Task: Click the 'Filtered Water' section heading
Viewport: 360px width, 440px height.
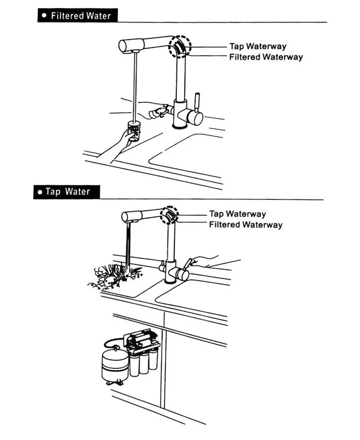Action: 81,16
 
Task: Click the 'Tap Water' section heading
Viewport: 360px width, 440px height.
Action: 68,192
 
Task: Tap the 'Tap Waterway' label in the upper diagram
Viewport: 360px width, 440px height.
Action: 258,46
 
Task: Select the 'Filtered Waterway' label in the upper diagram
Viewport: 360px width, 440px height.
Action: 266,57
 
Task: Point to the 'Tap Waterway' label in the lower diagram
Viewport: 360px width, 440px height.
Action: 238,214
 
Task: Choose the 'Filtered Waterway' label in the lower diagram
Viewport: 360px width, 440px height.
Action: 246,224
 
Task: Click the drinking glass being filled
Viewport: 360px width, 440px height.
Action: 133,131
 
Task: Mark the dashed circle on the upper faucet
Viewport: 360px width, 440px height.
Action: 180,47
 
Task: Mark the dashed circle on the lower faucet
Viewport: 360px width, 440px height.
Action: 169,215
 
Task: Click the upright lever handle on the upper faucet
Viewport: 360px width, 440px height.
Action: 197,101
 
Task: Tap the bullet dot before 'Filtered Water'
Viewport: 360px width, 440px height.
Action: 44,15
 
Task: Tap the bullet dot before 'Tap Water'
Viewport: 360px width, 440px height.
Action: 40,192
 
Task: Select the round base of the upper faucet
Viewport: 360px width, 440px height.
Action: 180,126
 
